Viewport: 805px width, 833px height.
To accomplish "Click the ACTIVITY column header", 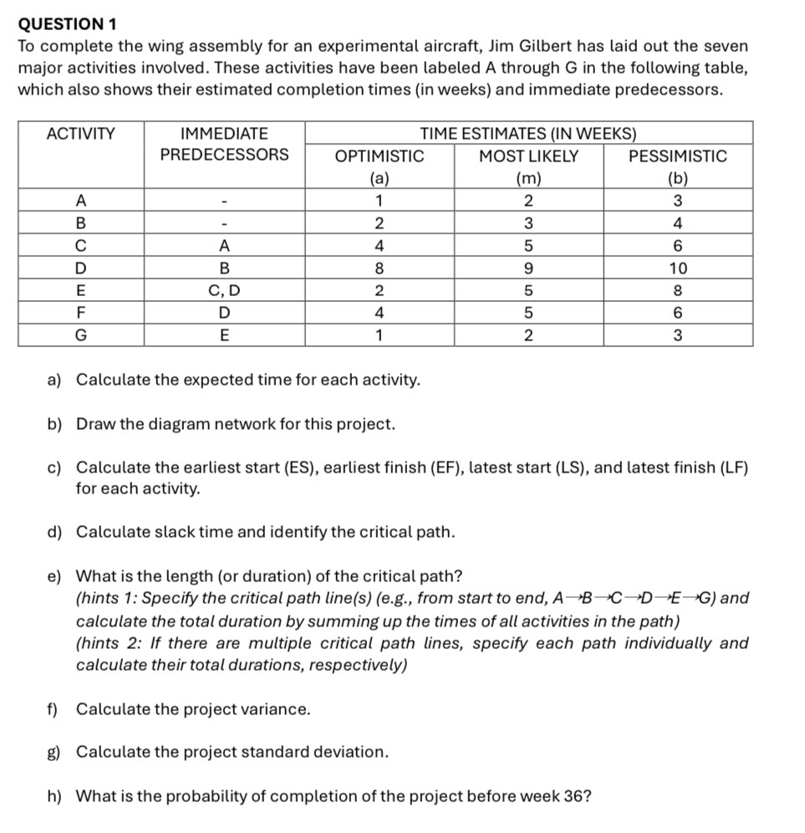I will pos(81,133).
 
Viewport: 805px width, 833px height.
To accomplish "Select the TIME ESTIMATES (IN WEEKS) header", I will pos(528,133).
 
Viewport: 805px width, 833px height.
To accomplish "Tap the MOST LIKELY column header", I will pos(528,156).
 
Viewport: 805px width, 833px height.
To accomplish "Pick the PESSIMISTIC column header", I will pos(678,156).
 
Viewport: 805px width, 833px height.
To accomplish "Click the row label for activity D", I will pos(81,268).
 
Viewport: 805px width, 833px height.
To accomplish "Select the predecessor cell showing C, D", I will pos(224,291).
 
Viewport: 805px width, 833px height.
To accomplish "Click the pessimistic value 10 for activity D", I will pos(678,268).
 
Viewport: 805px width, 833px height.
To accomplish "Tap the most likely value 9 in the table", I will pos(528,268).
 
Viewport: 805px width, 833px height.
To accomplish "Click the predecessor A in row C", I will pos(224,246).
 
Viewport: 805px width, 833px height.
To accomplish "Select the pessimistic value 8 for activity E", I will pos(678,291).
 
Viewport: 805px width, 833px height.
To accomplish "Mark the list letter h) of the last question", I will pos(54,795).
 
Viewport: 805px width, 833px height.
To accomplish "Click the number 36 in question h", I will pos(573,795).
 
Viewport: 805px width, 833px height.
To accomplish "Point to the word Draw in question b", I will pos(94,424).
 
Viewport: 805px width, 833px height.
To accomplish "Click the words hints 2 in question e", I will pos(106,643).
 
